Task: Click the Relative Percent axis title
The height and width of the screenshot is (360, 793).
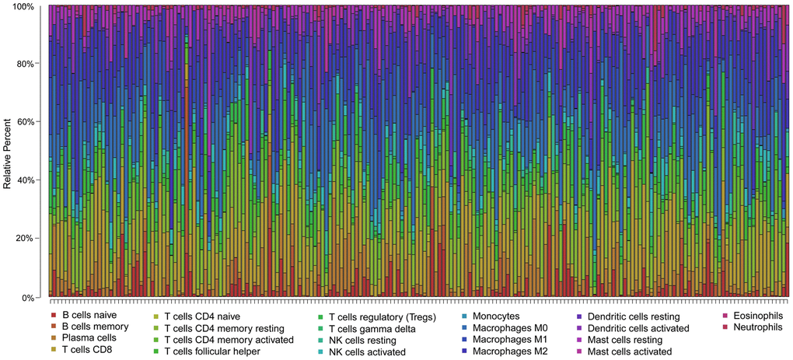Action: point(7,152)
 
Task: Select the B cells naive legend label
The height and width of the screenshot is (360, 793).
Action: point(89,316)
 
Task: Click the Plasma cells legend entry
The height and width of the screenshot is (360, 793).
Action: point(89,337)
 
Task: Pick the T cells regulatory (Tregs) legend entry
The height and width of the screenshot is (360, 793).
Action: point(382,317)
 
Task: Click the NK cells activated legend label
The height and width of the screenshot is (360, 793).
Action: point(367,352)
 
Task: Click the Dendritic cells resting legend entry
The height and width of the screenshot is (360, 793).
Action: point(633,317)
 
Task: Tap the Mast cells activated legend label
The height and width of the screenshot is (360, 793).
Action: point(630,351)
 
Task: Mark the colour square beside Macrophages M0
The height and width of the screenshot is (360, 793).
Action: point(463,328)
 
